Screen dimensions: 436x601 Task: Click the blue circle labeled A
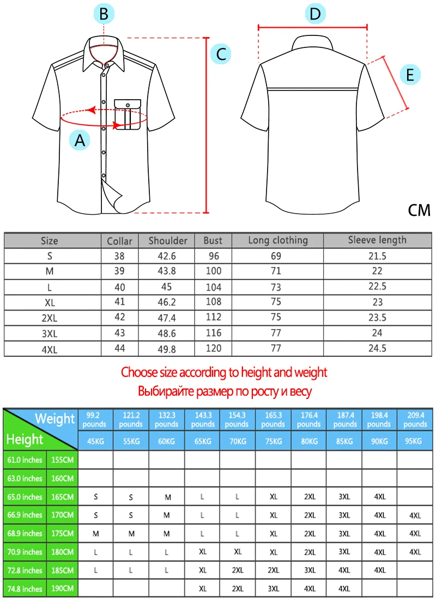[x=80, y=141]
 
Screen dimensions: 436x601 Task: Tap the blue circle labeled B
[x=104, y=14]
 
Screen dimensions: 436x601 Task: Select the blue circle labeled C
[x=221, y=54]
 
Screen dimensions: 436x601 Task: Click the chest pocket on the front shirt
[x=127, y=115]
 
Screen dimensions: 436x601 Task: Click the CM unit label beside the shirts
[x=419, y=210]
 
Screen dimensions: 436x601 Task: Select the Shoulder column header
[x=168, y=240]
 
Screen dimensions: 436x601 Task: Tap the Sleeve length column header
[x=377, y=240]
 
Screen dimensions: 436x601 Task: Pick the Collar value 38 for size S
[x=119, y=256]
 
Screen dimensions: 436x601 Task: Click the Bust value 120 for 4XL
[x=213, y=348]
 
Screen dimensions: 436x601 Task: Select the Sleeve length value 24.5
[x=377, y=348]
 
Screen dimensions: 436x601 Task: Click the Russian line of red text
[x=224, y=391]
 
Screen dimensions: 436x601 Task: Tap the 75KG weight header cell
[x=273, y=441]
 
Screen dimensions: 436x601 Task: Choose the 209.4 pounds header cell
[x=415, y=420]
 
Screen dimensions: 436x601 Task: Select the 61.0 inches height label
[x=25, y=459]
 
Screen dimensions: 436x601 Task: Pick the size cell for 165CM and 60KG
[x=167, y=496]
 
